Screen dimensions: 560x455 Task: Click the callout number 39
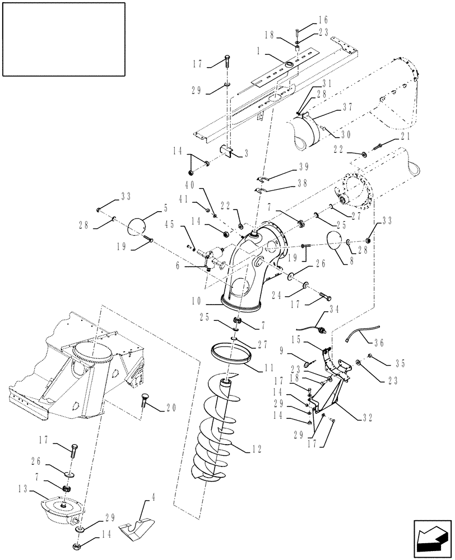pos(288,167)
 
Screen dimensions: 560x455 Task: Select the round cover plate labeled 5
pos(137,227)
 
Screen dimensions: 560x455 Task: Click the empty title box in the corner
pos(63,39)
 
